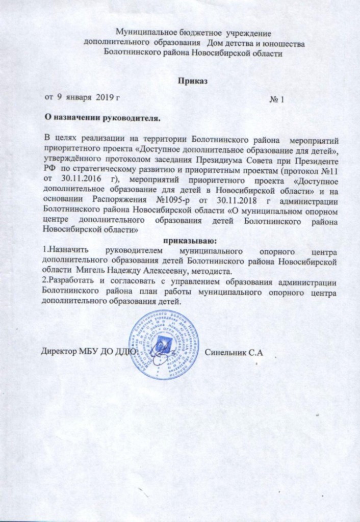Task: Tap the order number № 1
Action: (x=276, y=98)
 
